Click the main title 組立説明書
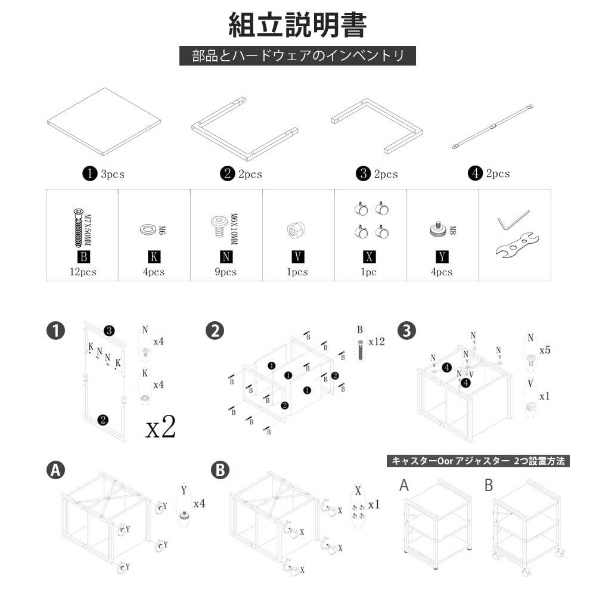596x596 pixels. (297, 24)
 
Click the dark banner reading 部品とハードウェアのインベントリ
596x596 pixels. (297, 56)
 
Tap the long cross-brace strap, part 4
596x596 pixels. (492, 127)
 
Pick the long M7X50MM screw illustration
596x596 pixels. (78, 227)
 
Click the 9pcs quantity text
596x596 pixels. (226, 272)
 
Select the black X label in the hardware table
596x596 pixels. (370, 257)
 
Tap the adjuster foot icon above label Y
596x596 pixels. (439, 229)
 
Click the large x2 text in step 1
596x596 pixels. (160, 427)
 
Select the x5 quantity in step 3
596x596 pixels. (545, 350)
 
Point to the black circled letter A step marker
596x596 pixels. (55, 470)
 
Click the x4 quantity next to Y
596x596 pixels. (199, 504)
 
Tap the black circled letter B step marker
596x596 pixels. (220, 470)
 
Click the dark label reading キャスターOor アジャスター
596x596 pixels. (478, 461)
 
